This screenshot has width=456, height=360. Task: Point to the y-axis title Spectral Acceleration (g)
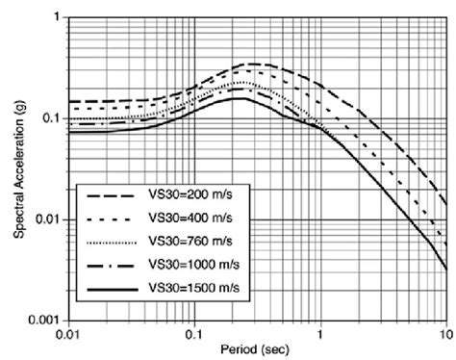pyautogui.click(x=19, y=168)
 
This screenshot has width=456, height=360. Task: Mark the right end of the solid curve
pyautogui.click(x=445, y=270)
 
